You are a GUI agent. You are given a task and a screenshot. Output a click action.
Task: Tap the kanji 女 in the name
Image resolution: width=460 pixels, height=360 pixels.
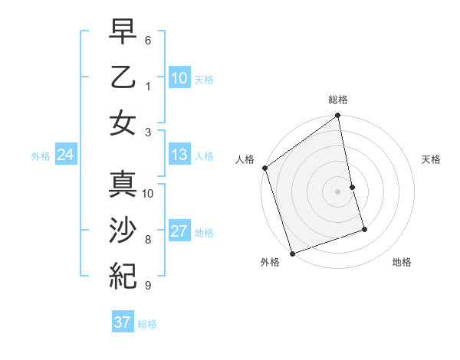(123, 123)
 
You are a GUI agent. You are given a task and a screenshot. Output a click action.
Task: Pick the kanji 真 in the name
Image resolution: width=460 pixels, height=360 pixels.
(123, 186)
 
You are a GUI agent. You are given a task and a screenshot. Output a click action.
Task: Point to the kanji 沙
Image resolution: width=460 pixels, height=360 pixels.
(123, 231)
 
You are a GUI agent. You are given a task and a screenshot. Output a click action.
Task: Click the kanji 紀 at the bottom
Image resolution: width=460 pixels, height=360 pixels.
(123, 274)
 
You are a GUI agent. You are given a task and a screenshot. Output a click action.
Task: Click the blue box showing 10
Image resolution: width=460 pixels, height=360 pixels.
(179, 77)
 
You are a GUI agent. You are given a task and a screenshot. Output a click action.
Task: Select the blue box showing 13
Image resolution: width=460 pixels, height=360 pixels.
(179, 155)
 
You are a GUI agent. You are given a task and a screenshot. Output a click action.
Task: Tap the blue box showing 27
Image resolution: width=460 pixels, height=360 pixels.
(179, 231)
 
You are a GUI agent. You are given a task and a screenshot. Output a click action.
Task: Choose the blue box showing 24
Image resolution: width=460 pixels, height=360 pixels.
(65, 155)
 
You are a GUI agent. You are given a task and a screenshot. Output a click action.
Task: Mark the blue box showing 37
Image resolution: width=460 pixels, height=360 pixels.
(122, 322)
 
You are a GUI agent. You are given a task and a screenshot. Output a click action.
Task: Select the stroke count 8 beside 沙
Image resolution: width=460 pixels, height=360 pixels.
(148, 240)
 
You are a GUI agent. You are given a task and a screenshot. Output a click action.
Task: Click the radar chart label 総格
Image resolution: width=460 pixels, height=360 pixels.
(338, 100)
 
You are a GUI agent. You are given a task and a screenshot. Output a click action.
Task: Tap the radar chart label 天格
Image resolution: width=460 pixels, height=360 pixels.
(431, 159)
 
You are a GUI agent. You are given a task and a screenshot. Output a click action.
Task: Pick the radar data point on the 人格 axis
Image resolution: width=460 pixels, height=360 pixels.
(264, 168)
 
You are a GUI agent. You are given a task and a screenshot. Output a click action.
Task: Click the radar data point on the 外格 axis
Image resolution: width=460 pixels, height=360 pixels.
(292, 253)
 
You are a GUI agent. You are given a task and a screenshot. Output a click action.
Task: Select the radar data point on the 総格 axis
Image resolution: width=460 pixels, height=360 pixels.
(338, 116)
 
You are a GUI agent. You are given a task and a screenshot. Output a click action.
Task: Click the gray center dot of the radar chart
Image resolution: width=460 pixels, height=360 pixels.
(338, 191)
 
